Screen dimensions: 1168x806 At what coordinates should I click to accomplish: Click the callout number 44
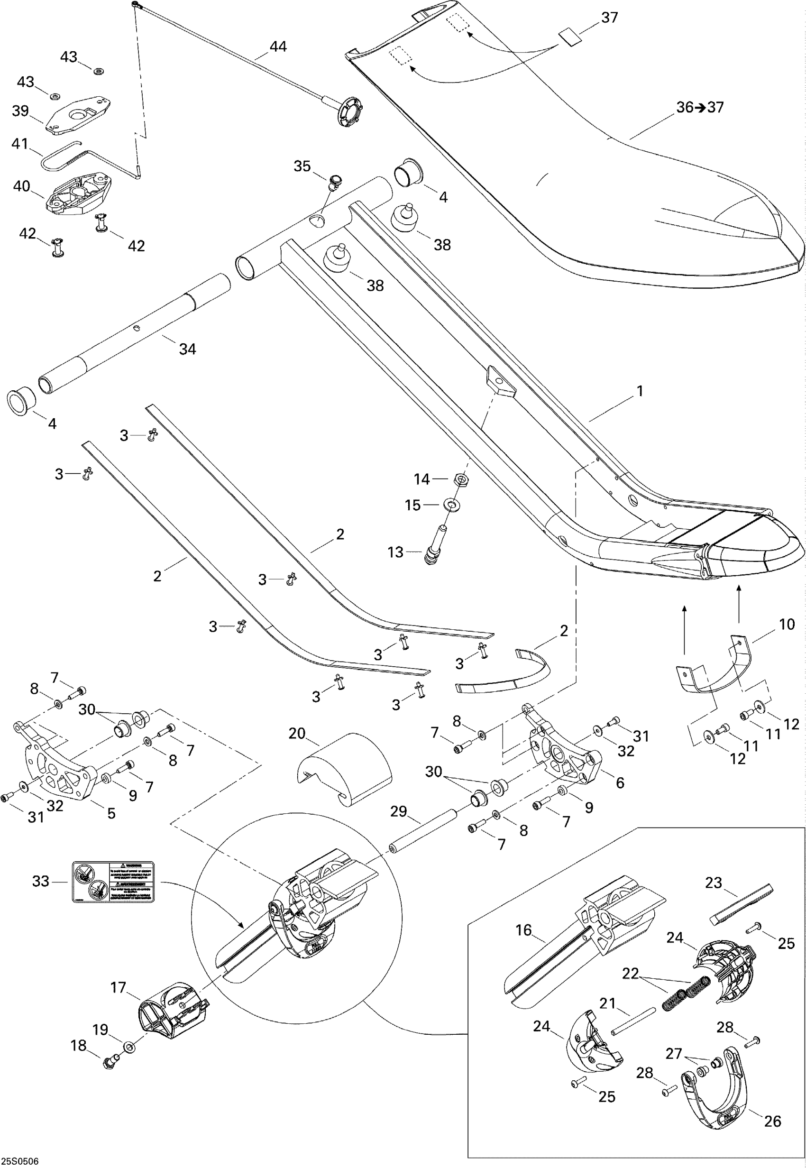pyautogui.click(x=278, y=47)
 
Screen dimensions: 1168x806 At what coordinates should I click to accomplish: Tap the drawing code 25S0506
pyautogui.click(x=20, y=1161)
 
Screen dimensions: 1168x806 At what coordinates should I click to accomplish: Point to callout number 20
pyautogui.click(x=297, y=733)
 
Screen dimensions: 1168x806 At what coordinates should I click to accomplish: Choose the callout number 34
pyautogui.click(x=187, y=349)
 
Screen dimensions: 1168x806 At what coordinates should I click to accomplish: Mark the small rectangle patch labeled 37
pyautogui.click(x=570, y=38)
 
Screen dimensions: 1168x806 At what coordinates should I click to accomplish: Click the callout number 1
pyautogui.click(x=640, y=391)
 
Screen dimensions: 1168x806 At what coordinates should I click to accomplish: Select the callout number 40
pyautogui.click(x=22, y=186)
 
